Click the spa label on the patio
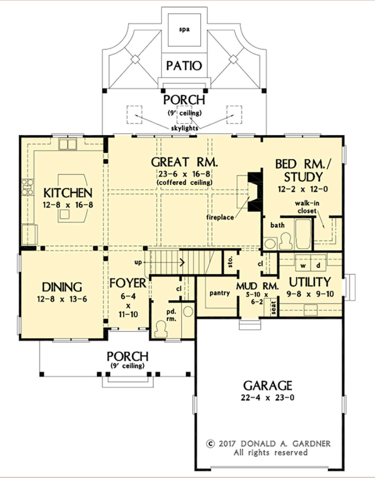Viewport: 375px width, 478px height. (184, 29)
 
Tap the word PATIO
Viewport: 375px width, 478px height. (184, 66)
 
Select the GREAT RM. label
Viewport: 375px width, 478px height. (185, 162)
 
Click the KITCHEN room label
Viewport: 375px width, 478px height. (68, 193)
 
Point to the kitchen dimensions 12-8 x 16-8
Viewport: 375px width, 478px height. (68, 205)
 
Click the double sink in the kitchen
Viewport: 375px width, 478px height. (68, 144)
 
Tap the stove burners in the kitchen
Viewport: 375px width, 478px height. (28, 187)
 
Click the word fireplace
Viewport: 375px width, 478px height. (220, 217)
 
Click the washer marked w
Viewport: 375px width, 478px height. (303, 263)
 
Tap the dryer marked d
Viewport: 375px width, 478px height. (318, 263)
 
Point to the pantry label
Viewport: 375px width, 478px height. (220, 293)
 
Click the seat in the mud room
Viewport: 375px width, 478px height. (273, 308)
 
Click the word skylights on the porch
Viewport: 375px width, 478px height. (185, 128)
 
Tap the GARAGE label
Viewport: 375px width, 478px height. (267, 386)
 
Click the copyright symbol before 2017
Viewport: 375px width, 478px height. (210, 444)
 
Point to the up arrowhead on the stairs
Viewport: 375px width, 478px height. (182, 262)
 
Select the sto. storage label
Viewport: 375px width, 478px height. (230, 262)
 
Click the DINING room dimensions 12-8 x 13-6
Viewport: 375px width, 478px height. (62, 299)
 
